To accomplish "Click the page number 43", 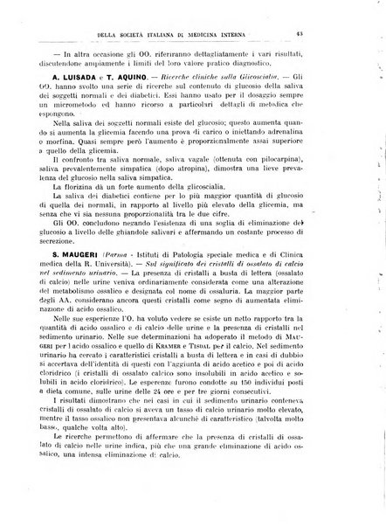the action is tap(347, 34).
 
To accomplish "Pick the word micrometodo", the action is tap(79, 128).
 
